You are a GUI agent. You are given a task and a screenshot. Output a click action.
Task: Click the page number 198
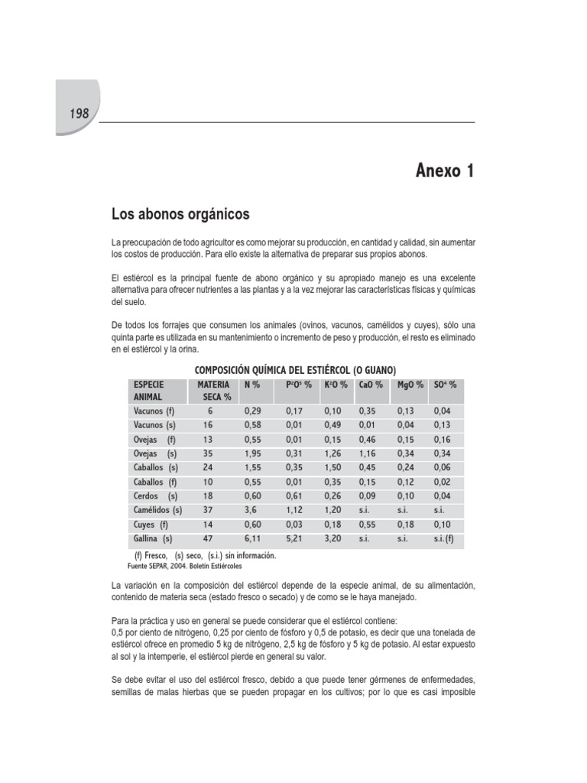tap(79, 113)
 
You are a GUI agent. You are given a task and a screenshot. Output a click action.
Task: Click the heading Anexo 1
tap(445, 171)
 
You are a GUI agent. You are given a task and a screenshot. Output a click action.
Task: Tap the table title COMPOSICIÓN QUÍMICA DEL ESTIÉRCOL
tap(292, 370)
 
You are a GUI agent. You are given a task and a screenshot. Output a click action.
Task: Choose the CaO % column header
tap(371, 385)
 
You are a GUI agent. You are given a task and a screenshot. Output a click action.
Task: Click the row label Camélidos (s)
tap(157, 509)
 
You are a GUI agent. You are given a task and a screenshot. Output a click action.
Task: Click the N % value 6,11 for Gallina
tap(253, 538)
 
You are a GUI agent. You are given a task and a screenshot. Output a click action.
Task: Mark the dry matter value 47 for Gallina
tap(209, 538)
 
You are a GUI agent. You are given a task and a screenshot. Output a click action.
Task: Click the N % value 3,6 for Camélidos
tap(250, 509)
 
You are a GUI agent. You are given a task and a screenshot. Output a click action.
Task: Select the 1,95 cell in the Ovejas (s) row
tap(253, 453)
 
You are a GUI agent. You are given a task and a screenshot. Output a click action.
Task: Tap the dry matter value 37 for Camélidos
tap(209, 509)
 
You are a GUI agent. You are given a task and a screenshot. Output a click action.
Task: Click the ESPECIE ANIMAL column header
tap(150, 391)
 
